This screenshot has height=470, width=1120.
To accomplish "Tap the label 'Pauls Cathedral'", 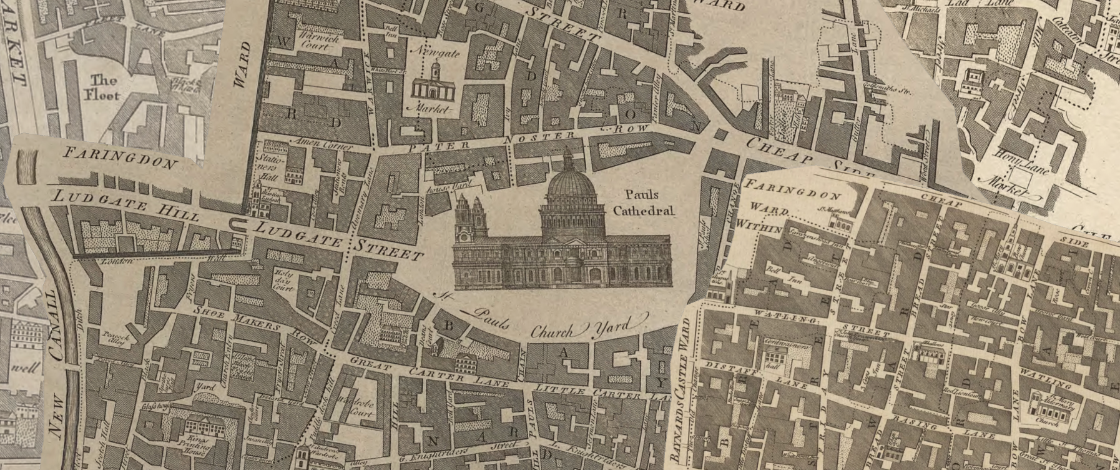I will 643,202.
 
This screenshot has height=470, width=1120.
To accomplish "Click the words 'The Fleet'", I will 104,87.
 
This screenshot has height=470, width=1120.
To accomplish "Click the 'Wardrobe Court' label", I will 355,406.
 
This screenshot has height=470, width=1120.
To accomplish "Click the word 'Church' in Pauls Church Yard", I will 552,331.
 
